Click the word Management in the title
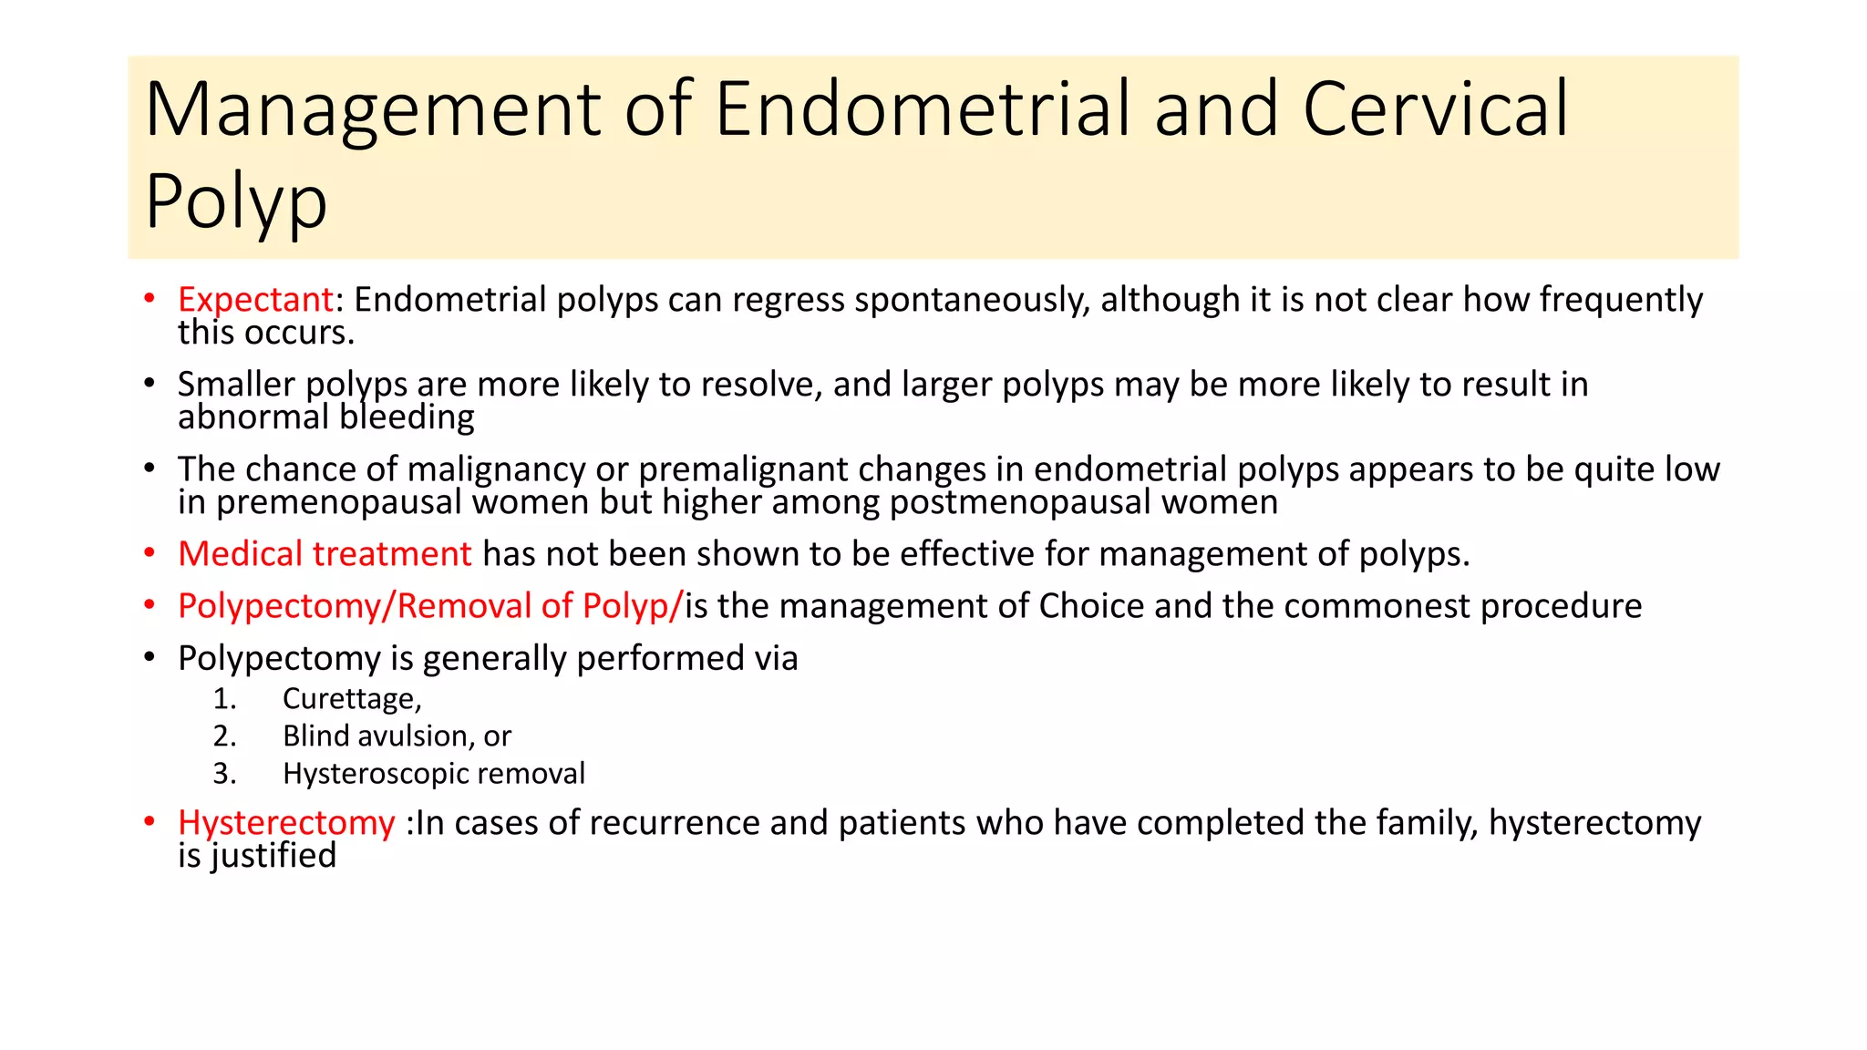(x=373, y=111)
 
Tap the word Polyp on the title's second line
(x=235, y=202)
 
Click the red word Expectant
(x=255, y=300)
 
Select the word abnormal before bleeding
(x=253, y=417)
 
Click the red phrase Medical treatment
(x=325, y=554)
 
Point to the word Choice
(x=1090, y=606)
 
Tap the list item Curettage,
(x=352, y=699)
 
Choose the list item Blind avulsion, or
(x=397, y=736)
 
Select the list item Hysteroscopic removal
(x=433, y=774)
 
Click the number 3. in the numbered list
(x=224, y=774)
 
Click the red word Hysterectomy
(x=286, y=823)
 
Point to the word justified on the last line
(x=273, y=856)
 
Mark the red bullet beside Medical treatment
(x=150, y=553)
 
